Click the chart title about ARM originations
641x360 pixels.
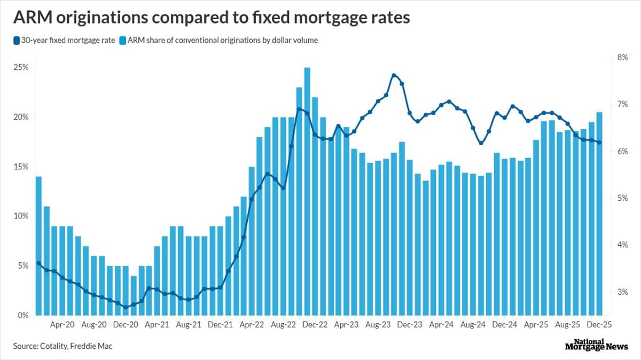pos(211,18)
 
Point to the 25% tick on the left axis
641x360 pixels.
pos(21,68)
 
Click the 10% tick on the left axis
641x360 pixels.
pos(21,216)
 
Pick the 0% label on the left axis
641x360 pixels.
pos(24,315)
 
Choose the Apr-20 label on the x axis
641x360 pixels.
pos(62,324)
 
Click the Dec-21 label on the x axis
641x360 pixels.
pos(221,324)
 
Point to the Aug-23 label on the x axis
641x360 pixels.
pos(379,324)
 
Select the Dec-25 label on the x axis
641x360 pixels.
pos(599,324)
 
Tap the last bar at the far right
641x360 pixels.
pos(599,214)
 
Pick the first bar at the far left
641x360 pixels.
pos(38,246)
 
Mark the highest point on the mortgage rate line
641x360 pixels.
pos(394,75)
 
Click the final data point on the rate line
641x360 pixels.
pos(599,142)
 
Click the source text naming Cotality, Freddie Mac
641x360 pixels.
pos(62,346)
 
